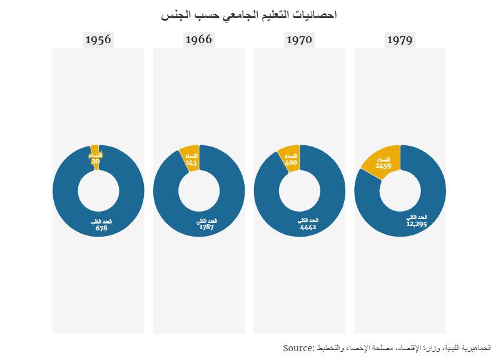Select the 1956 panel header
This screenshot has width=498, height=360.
coord(98,40)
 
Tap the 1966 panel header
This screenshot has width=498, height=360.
coord(198,40)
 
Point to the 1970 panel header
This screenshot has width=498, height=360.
coord(299,40)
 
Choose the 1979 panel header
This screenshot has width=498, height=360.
coord(400,40)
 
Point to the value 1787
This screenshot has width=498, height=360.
coord(206,227)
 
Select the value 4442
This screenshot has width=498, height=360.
coord(308,227)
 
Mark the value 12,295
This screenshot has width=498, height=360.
coord(416,224)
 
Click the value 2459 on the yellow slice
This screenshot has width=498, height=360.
coord(384,167)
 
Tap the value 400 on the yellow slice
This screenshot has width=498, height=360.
coord(291,163)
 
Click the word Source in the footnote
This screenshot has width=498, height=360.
coord(298,347)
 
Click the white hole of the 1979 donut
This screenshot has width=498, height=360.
coord(400,191)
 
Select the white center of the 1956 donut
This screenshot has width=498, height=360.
coord(98,191)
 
